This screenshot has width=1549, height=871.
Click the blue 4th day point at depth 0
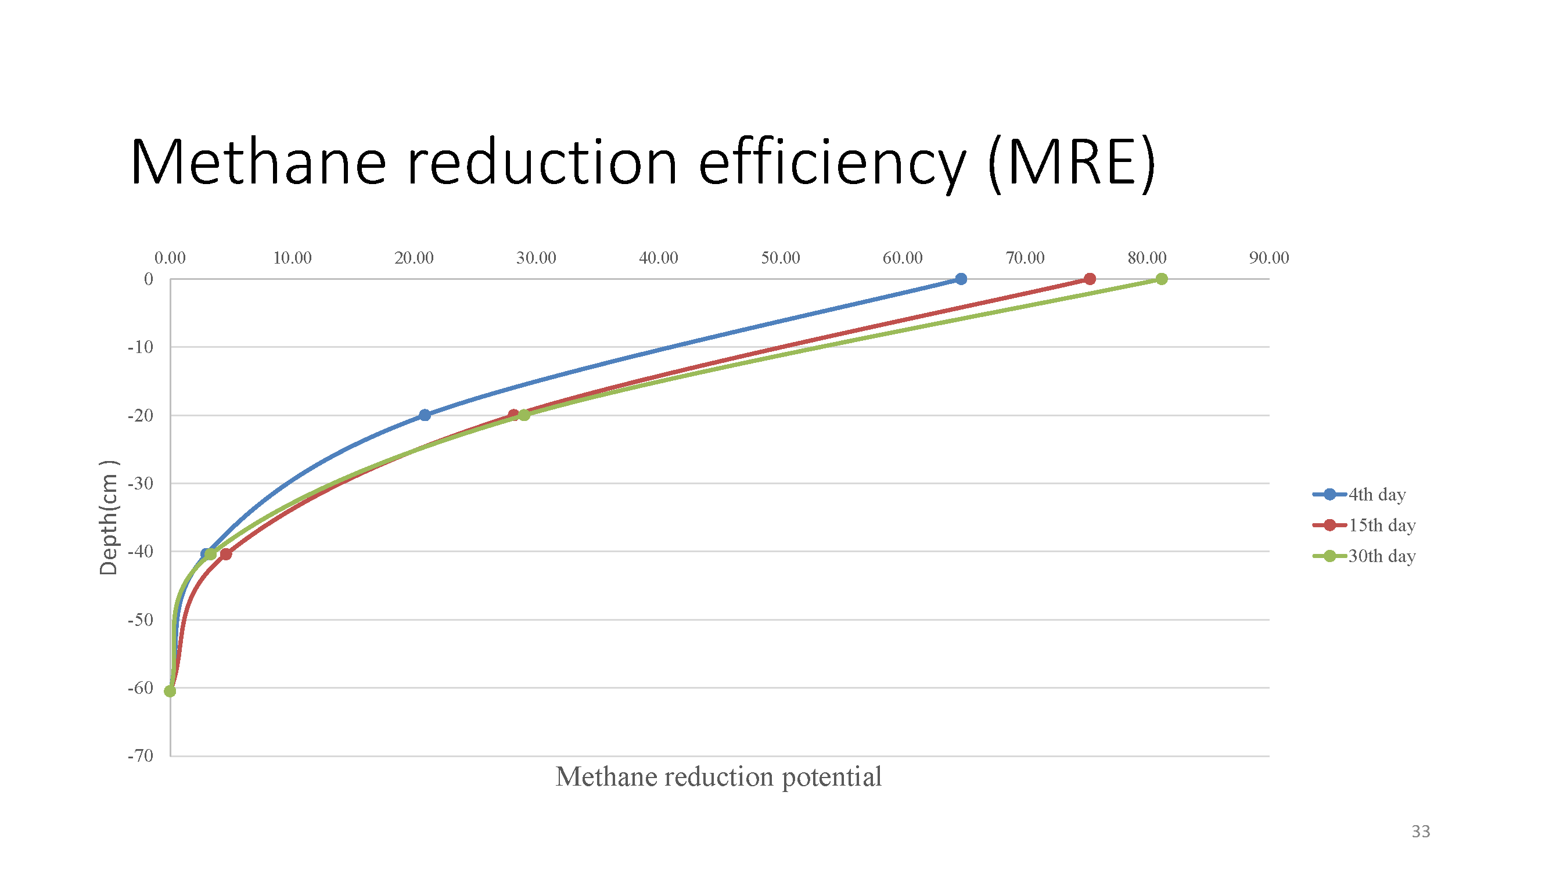pyautogui.click(x=961, y=279)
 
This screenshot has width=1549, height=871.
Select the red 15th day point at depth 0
pyautogui.click(x=1090, y=279)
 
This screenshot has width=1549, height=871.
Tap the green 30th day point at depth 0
pyautogui.click(x=1162, y=279)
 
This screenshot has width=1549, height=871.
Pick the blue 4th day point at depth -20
pyautogui.click(x=425, y=415)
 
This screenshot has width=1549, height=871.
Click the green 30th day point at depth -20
pyautogui.click(x=524, y=415)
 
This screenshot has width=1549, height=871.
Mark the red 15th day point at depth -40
pyautogui.click(x=225, y=553)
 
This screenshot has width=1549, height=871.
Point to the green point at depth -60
pyautogui.click(x=170, y=691)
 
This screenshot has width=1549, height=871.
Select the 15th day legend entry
pyautogui.click(x=1364, y=525)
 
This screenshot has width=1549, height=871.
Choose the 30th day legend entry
pyautogui.click(x=1364, y=556)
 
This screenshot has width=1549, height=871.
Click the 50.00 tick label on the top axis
pyautogui.click(x=781, y=258)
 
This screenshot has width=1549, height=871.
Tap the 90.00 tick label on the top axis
pyautogui.click(x=1269, y=258)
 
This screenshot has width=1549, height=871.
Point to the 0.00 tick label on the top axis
pyautogui.click(x=170, y=258)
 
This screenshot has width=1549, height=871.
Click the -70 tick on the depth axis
pyautogui.click(x=141, y=755)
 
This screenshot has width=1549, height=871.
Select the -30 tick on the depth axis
pyautogui.click(x=141, y=483)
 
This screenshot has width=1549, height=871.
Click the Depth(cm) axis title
pyautogui.click(x=109, y=517)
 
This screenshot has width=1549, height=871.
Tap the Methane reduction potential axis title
pyautogui.click(x=718, y=776)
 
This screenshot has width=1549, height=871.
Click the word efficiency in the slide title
pyautogui.click(x=832, y=163)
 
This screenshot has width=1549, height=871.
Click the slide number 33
pyautogui.click(x=1420, y=832)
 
